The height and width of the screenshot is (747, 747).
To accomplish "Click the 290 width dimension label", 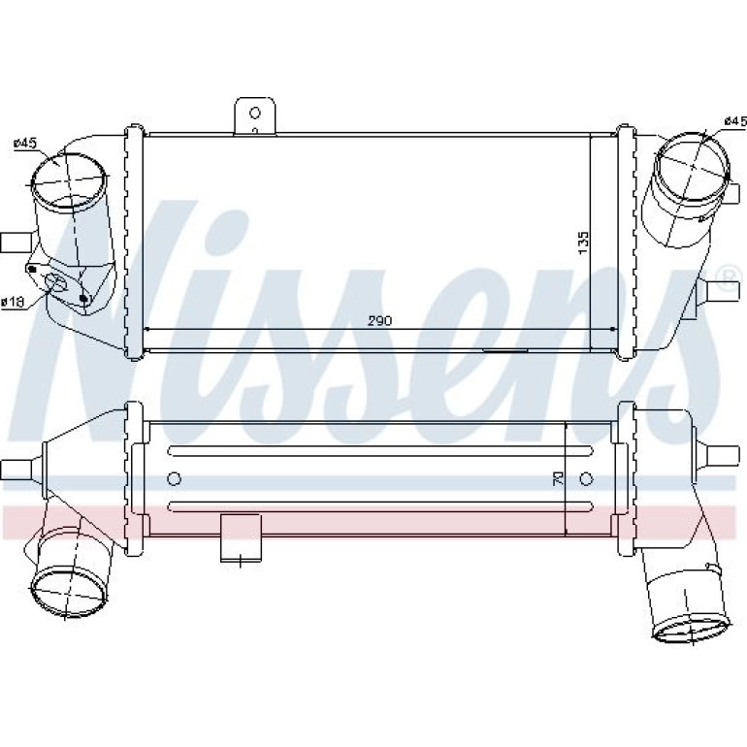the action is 379,320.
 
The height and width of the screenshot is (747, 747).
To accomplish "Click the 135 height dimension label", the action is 583,243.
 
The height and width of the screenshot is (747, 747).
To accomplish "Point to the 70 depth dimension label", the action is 558,478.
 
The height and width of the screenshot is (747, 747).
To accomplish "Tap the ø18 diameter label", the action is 13,302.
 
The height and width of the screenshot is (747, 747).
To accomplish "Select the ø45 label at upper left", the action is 25,143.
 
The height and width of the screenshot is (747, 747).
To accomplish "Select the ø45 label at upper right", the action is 735,121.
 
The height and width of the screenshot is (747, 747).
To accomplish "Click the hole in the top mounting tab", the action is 255,113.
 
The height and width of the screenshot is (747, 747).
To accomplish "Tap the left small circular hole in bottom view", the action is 175,478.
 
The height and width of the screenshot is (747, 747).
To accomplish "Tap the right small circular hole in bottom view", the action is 587,478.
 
